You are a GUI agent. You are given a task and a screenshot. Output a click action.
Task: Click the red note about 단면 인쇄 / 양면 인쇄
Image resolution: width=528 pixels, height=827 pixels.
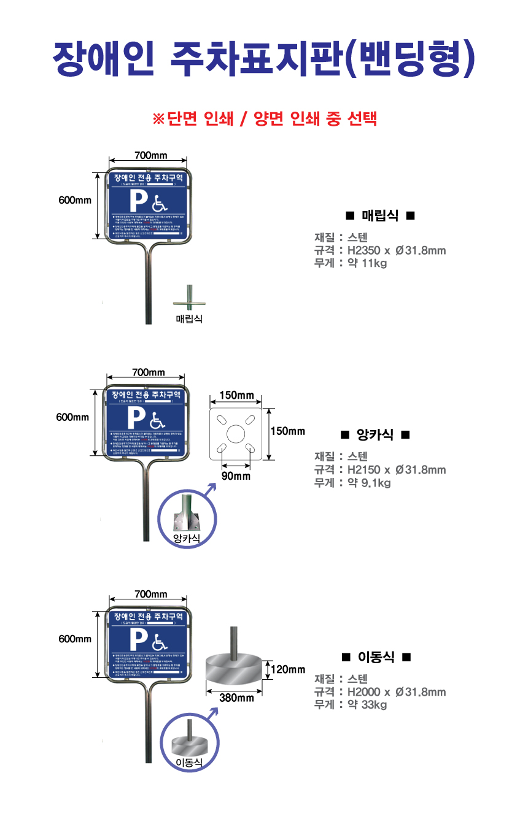pos(264,118)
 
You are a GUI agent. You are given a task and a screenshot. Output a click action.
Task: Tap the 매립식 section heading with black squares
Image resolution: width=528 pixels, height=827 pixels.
pos(380,215)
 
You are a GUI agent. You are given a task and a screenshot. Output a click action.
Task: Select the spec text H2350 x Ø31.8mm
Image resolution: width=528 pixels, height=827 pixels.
pos(397,250)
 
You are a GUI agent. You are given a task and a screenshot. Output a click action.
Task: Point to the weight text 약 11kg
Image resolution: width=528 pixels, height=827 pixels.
pos(367,264)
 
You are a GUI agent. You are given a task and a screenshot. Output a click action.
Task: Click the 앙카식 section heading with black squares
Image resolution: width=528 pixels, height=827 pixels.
pos(375,435)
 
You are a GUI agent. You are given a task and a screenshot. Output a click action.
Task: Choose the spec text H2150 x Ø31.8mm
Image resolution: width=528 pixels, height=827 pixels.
pos(397,470)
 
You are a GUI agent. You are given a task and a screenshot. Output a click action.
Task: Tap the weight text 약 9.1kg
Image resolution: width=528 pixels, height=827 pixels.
pos(368,483)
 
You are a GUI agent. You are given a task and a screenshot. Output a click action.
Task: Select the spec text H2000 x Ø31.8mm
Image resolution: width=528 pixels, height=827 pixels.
pos(397,692)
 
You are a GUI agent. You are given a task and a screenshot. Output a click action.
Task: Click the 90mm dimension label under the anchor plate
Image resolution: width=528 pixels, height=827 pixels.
pos(236,475)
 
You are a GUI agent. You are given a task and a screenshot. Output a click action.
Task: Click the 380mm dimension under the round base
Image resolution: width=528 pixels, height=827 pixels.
pos(236,698)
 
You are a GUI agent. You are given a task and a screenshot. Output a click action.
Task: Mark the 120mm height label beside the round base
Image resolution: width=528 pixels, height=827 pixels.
pos(288,669)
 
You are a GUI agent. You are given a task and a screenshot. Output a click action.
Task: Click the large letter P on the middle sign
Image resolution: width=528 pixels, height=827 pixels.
pos(136,418)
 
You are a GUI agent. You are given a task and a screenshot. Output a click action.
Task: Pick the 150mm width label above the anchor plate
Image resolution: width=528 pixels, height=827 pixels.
pos(236,395)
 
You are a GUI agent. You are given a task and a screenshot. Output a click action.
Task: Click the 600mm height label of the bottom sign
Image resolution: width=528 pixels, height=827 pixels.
pos(75,639)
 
